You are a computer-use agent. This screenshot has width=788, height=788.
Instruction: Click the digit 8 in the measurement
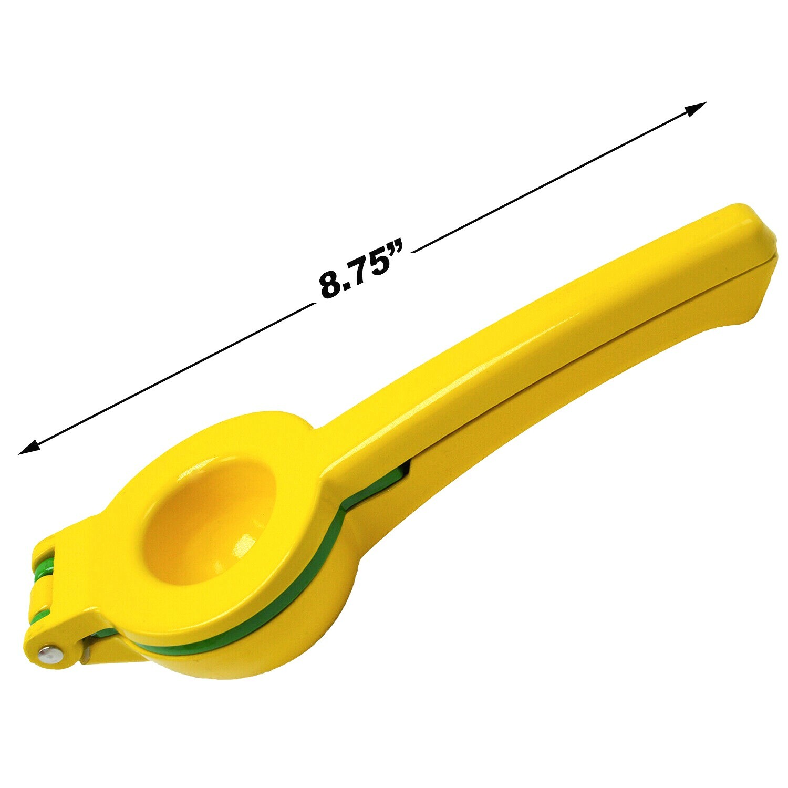point(330,285)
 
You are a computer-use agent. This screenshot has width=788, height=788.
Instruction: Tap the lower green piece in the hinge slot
point(38,619)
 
